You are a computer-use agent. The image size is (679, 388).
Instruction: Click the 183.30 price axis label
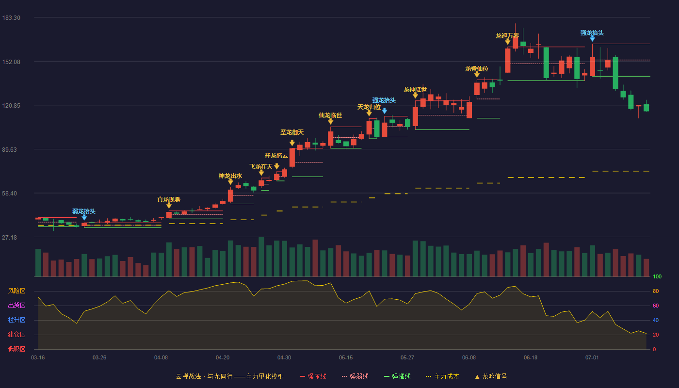pyautogui.click(x=11, y=18)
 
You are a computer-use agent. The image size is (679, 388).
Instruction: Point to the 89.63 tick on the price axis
pyautogui.click(x=9, y=150)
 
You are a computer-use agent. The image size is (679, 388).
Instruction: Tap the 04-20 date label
pyautogui.click(x=223, y=358)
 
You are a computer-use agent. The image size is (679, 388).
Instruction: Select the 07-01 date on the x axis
pyautogui.click(x=592, y=358)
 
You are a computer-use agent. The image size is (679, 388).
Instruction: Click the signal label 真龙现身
pyautogui.click(x=169, y=199)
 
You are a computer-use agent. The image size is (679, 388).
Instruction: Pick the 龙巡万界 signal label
pyautogui.click(x=507, y=36)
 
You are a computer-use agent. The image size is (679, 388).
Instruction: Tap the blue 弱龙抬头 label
pyautogui.click(x=84, y=211)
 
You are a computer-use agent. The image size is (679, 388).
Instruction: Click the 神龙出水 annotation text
pyautogui.click(x=230, y=176)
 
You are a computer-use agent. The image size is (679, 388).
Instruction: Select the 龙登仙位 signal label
pyautogui.click(x=477, y=69)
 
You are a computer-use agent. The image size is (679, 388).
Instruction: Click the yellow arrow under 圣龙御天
pyautogui.click(x=292, y=143)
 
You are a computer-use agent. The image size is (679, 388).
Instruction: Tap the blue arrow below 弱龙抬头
pyautogui.click(x=84, y=217)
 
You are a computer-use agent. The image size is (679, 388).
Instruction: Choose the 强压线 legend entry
pyautogui.click(x=313, y=376)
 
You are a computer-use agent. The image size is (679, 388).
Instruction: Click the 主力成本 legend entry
pyautogui.click(x=442, y=376)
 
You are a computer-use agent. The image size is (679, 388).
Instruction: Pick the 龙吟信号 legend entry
pyautogui.click(x=491, y=376)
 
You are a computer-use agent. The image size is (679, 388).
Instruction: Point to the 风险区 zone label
pyautogui.click(x=16, y=291)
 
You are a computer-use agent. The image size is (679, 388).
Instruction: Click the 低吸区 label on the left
pyautogui.click(x=16, y=349)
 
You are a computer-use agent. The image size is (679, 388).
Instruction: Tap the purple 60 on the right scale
pyautogui.click(x=656, y=306)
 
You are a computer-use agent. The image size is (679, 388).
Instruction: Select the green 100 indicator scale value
pyautogui.click(x=657, y=276)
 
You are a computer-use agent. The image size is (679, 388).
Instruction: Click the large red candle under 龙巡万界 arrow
pyautogui.click(x=508, y=61)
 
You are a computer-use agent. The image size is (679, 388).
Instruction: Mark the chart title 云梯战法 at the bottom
pyautogui.click(x=189, y=376)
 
